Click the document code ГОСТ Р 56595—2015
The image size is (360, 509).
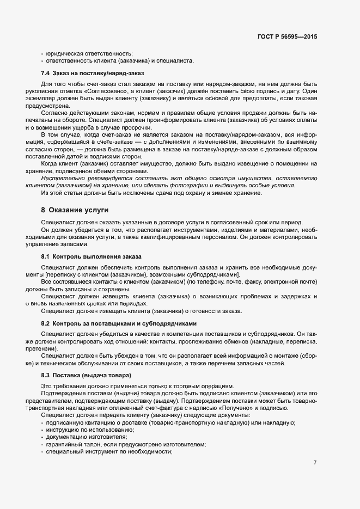pyautogui.click(x=286, y=36)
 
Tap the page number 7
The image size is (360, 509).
pyautogui.click(x=315, y=462)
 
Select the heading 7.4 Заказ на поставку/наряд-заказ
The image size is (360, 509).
pyautogui.click(x=92, y=72)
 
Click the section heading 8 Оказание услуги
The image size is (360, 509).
pyautogui.click(x=75, y=210)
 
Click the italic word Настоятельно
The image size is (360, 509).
pyautogui.click(x=63, y=177)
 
